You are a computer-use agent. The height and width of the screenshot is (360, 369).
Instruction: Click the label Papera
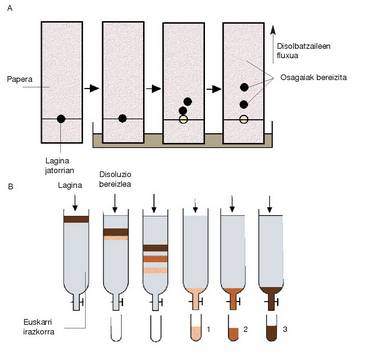click(x=19, y=80)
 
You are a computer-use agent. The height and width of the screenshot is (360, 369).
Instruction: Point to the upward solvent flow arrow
click(x=273, y=45)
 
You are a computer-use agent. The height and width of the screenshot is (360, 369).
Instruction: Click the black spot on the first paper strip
click(x=61, y=118)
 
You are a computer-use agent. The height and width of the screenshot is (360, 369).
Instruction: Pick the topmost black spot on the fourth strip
click(x=244, y=87)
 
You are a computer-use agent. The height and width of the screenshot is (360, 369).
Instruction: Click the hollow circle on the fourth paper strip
click(x=244, y=119)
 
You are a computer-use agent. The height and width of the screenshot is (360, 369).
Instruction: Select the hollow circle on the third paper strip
click(x=182, y=119)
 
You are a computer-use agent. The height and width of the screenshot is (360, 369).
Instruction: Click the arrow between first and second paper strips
click(x=92, y=89)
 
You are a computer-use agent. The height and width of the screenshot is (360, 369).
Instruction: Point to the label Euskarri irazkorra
click(x=37, y=326)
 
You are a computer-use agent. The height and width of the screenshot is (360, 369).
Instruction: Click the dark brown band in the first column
click(x=76, y=219)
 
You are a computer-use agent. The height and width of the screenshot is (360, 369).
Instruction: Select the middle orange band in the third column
click(x=155, y=259)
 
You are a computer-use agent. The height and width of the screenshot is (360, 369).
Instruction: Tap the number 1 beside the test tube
click(x=208, y=329)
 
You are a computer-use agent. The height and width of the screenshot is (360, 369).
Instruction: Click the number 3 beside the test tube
click(x=285, y=329)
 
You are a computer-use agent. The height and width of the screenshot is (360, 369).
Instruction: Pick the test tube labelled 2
click(x=233, y=327)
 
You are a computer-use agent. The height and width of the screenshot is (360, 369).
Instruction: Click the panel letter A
click(x=10, y=8)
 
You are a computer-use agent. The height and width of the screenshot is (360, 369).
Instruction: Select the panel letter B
click(x=10, y=187)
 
